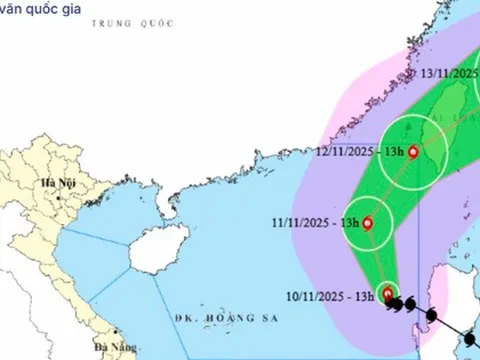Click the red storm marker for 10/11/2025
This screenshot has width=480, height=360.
point(388,294)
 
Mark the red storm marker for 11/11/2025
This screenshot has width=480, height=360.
point(368,223)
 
